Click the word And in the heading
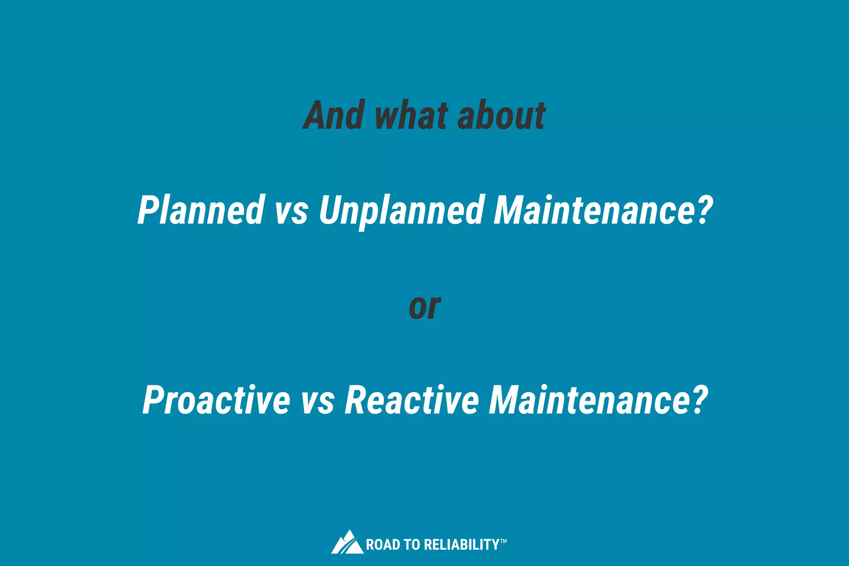point(334,115)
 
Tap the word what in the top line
point(411,115)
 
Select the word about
point(501,115)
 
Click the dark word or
point(424,307)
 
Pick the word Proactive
point(216,400)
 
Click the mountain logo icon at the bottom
point(347,542)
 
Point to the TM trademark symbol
point(503,541)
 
